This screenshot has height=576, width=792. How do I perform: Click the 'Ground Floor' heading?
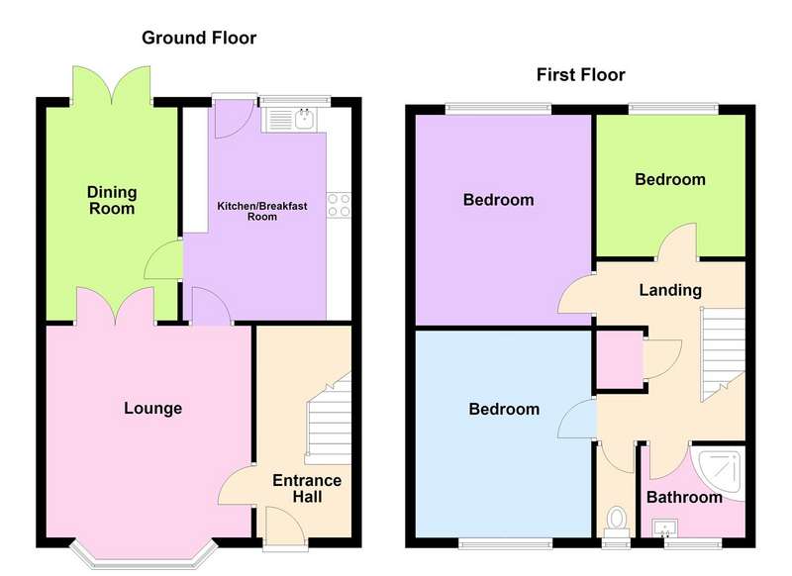(x=199, y=38)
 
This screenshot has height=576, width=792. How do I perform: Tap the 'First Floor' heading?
(x=581, y=74)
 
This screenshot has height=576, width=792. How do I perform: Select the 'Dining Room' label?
(x=112, y=200)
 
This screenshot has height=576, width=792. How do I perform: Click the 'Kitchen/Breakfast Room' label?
(x=262, y=211)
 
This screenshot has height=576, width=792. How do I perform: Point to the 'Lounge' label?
(x=153, y=408)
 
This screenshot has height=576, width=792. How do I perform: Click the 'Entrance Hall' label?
(x=307, y=488)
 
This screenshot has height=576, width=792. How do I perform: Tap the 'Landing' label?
(x=670, y=290)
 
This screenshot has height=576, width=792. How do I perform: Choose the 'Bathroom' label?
(x=684, y=497)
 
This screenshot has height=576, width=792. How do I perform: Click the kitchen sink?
(x=289, y=120)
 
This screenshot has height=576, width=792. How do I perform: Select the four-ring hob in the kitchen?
(x=339, y=205)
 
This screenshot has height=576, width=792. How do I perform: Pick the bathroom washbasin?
(x=664, y=528)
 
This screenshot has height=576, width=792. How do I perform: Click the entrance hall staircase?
(x=329, y=419)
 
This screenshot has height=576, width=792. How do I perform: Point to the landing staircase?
(x=723, y=354)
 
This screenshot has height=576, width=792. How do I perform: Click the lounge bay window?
(x=144, y=555)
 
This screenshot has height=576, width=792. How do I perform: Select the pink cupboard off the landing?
(x=620, y=359)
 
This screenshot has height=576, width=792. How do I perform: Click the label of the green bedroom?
(x=670, y=179)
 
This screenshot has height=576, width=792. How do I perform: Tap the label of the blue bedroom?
(x=504, y=409)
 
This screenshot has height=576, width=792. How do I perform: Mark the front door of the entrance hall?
(x=285, y=528)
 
